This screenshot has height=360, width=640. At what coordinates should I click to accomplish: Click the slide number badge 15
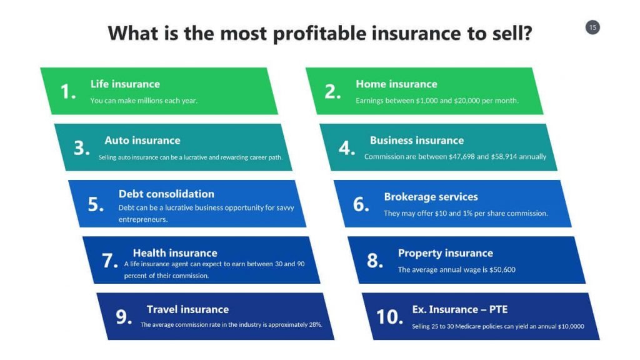click(x=592, y=27)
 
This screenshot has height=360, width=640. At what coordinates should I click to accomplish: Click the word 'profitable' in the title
click(x=319, y=34)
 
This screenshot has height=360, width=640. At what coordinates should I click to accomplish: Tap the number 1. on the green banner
click(x=68, y=91)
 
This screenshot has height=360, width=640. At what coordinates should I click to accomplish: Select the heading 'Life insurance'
click(x=125, y=84)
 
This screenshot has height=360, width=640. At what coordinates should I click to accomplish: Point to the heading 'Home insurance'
click(x=396, y=84)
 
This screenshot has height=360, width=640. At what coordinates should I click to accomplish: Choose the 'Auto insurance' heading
click(x=142, y=141)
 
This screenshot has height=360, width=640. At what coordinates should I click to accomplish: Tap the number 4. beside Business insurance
click(x=347, y=147)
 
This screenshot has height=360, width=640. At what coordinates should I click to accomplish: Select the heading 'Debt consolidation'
click(x=166, y=194)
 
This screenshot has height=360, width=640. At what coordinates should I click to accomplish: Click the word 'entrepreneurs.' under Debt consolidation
click(x=143, y=219)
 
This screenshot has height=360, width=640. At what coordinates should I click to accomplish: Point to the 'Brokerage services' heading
click(x=431, y=197)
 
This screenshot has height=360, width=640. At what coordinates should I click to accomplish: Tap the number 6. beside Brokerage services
click(x=361, y=204)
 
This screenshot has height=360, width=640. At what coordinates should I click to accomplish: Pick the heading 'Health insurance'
click(x=175, y=253)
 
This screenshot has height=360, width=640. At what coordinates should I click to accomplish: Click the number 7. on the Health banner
click(x=110, y=261)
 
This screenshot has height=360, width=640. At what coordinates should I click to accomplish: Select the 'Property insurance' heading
click(x=445, y=253)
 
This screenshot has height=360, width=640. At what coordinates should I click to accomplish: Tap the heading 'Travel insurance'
click(x=187, y=309)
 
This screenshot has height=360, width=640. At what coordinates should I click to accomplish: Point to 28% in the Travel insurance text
click(x=316, y=325)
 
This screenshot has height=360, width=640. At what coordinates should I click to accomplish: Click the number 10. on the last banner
click(x=389, y=317)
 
